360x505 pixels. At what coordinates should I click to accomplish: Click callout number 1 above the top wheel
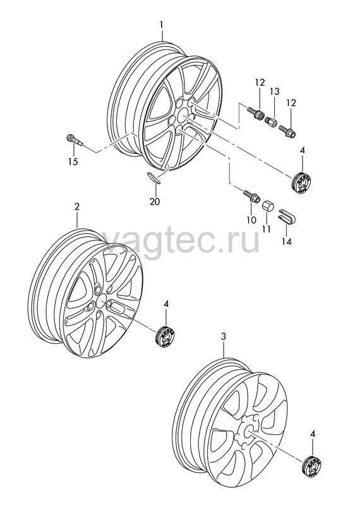click(162, 25)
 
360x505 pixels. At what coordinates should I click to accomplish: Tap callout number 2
click(76, 207)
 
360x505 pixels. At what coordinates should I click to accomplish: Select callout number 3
click(224, 337)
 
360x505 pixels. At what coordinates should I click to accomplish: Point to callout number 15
click(73, 161)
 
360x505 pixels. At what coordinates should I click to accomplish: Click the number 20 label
click(155, 201)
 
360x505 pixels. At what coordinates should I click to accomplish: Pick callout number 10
click(251, 220)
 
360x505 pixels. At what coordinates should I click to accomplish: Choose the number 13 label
click(275, 92)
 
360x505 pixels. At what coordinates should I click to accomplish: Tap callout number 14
click(287, 241)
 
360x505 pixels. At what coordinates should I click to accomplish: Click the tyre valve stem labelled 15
click(74, 141)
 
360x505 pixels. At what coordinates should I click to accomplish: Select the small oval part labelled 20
click(153, 177)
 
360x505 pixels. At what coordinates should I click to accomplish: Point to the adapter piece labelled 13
click(270, 122)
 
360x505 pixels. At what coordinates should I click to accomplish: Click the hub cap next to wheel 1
click(303, 182)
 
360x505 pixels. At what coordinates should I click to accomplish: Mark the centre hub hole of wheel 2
click(101, 302)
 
